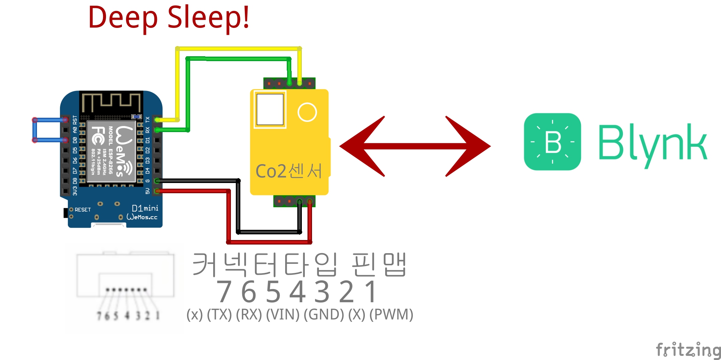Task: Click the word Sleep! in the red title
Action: click(208, 17)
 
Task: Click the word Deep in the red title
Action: click(123, 18)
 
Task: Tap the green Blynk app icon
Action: click(552, 142)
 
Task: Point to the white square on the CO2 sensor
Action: click(270, 109)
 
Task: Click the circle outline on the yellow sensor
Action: click(307, 112)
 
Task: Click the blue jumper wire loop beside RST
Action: click(35, 130)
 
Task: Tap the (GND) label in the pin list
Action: click(324, 314)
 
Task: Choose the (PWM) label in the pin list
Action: click(391, 314)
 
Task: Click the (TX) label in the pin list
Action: click(219, 314)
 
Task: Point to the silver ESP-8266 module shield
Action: click(111, 151)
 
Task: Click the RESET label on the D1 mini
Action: click(83, 209)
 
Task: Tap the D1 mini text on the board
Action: click(145, 208)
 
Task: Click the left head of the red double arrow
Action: click(362, 146)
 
